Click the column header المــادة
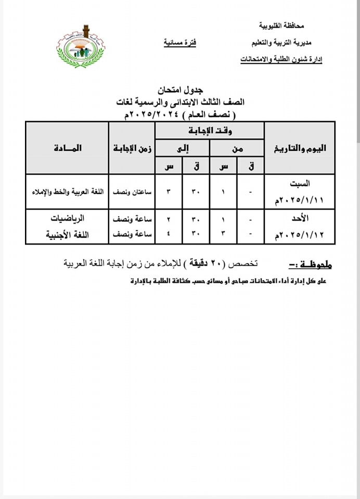pyautogui.click(x=67, y=148)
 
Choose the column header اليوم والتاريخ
pyautogui.click(x=300, y=148)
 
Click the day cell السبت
pyautogui.click(x=302, y=183)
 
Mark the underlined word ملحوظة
pyautogui.click(x=311, y=265)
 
